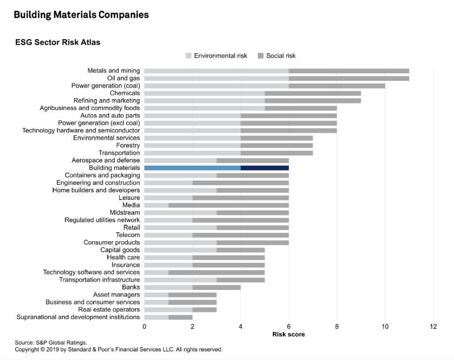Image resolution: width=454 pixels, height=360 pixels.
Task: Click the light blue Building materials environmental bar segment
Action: coord(192,168)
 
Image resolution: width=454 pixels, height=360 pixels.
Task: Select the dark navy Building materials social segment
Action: coord(265,168)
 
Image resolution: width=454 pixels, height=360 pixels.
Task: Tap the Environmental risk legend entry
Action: coord(216,56)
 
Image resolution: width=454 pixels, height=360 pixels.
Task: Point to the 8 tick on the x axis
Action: coord(337,327)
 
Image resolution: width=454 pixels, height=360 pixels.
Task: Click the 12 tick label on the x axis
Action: coord(433,327)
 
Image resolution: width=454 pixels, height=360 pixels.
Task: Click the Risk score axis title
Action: coord(288,334)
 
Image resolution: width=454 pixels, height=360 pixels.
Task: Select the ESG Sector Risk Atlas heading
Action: coord(58,43)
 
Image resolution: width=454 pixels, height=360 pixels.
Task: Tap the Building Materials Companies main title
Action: coord(81,15)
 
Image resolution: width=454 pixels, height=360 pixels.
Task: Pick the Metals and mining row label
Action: coord(114,70)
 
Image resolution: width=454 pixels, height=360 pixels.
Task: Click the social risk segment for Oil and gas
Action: coord(349,78)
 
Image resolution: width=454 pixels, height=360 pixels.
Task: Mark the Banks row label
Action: coord(131,287)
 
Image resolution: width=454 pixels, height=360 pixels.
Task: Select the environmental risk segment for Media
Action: coord(156,205)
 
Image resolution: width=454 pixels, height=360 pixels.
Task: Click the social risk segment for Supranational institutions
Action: coord(180,317)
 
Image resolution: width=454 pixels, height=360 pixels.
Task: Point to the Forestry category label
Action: coord(128,145)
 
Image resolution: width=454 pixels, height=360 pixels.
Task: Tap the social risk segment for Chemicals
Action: coord(312,93)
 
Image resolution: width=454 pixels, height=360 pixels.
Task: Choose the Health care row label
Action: coord(123,257)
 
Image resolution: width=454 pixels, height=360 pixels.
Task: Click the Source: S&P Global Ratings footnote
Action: coord(50,342)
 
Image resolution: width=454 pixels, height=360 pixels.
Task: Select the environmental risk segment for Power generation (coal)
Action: coord(216,86)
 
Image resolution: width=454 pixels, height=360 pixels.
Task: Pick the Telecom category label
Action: coord(128,235)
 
